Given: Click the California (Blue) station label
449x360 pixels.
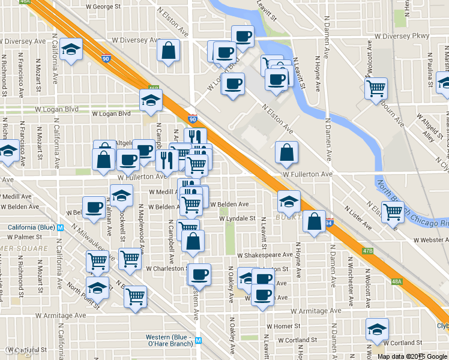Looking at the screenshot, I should (x=31, y=227).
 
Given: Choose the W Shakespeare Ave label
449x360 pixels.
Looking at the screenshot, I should (x=264, y=255).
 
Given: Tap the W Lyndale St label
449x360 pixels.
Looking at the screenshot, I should (x=238, y=219).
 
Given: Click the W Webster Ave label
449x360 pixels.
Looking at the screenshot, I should (x=431, y=240).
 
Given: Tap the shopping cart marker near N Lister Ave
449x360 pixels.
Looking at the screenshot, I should (x=393, y=211).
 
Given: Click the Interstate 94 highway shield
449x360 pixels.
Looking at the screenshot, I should (x=329, y=223).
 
